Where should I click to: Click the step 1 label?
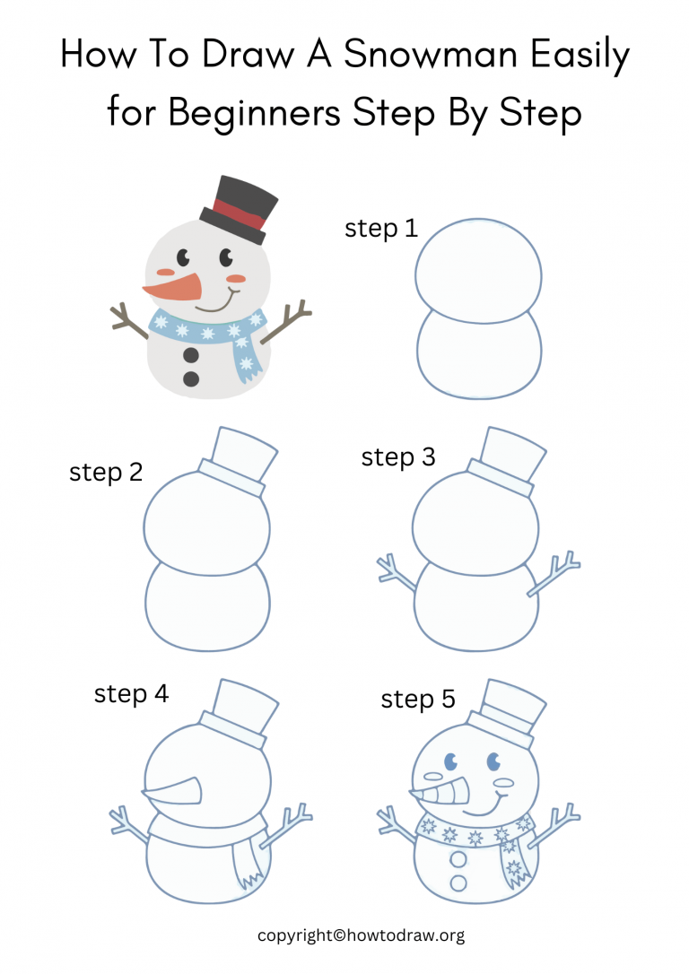point(381,229)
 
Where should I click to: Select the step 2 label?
point(106,473)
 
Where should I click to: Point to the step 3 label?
point(398,457)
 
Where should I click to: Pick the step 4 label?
point(131,693)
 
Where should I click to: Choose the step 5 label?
point(418,699)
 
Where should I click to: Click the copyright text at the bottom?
point(361,935)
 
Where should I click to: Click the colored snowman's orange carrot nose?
point(173,288)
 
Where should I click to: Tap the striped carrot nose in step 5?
point(442,793)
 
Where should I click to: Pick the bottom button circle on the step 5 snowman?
point(458,883)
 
